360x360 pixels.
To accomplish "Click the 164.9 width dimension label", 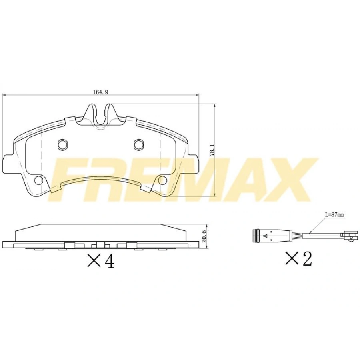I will click(101, 92).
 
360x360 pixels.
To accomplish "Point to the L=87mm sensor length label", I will click(334, 215).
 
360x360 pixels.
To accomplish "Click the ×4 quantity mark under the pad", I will click(101, 261).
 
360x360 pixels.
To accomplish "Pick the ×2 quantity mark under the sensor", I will click(298, 259).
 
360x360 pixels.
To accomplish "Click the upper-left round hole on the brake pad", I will click(62, 144).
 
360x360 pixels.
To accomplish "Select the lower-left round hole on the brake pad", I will click(38, 180).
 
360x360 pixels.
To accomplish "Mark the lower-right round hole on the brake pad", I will click(162, 180).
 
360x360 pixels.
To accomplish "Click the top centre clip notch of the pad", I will click(100, 114).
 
